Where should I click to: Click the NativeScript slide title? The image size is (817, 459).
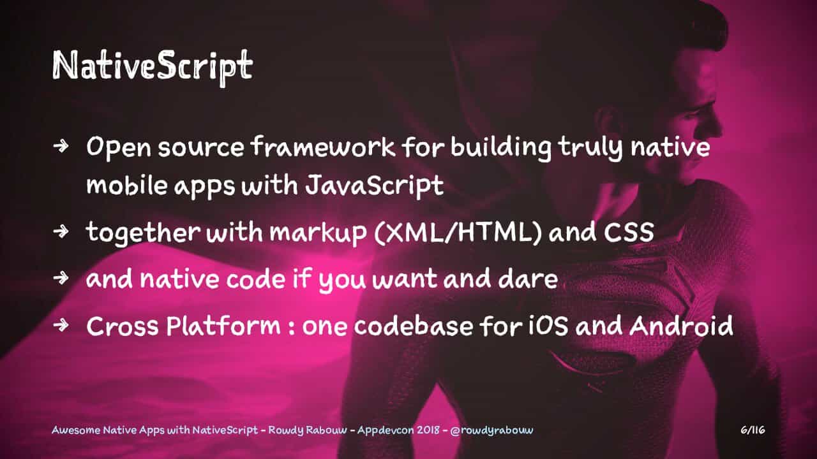[x=153, y=66]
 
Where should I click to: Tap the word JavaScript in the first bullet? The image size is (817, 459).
[x=374, y=186]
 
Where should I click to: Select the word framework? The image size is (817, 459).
[x=323, y=147]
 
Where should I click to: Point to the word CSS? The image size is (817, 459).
[x=629, y=232]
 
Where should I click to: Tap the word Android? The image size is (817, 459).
[x=681, y=325]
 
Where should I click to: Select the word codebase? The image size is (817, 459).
[x=413, y=325]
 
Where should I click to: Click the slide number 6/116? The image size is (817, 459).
[x=753, y=430]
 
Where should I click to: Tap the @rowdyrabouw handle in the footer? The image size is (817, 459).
[x=491, y=430]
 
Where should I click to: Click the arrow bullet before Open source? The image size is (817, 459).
[x=61, y=146]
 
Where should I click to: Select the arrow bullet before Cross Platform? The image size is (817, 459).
[x=61, y=324]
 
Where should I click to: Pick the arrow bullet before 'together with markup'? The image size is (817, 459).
[x=61, y=231]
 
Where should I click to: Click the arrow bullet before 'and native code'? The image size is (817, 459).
[x=61, y=278]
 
